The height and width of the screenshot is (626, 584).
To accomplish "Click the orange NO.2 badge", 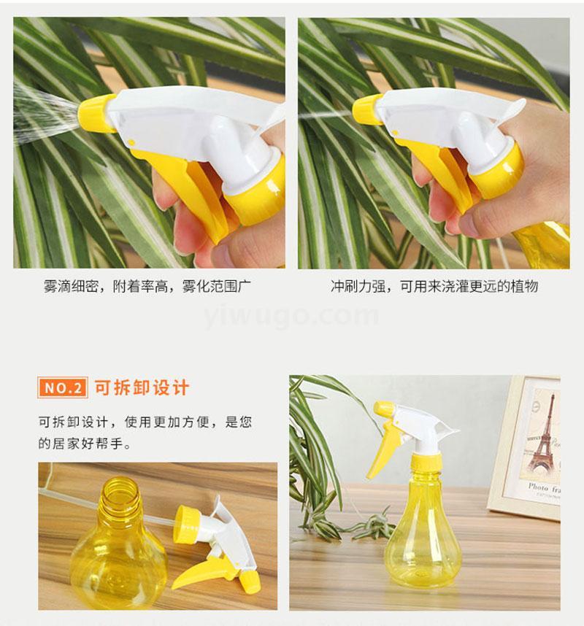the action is point(62,387).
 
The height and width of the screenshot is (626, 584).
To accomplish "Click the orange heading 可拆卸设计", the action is point(142,387).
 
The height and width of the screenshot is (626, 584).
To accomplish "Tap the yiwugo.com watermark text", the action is point(291,315).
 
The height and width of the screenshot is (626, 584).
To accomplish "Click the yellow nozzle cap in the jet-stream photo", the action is point(366,109).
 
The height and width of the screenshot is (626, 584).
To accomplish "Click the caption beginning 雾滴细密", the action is point(147,287).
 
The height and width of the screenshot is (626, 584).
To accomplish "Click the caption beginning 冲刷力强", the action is point(434,286).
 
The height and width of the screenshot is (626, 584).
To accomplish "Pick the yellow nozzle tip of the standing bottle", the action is point(384,409).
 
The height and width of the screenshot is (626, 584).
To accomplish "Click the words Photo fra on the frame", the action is point(544,488).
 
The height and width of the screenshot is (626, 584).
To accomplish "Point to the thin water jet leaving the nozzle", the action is point(325,115).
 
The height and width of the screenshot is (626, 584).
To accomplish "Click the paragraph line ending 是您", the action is point(145,422).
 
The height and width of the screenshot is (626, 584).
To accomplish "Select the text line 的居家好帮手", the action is point(84,443).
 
